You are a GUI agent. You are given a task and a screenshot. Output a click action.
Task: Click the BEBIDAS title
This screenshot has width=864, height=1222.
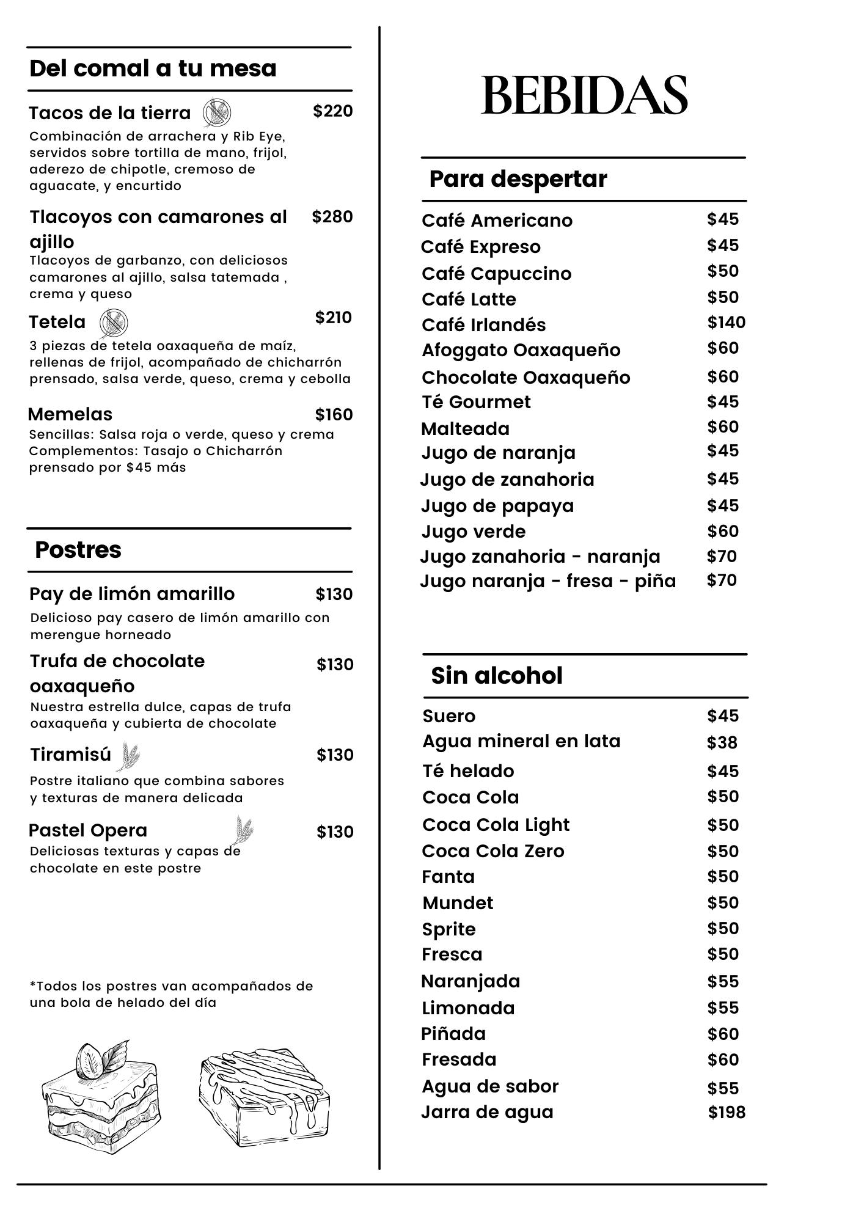coord(584,95)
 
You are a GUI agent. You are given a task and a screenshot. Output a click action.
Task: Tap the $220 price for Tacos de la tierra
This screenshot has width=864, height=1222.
coord(332,111)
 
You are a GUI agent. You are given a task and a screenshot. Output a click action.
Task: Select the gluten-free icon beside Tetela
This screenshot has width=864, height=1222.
coord(114,323)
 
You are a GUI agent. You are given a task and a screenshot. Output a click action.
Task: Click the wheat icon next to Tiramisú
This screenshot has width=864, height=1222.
coord(129,756)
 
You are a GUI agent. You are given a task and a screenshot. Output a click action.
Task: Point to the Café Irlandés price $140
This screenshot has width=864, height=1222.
coord(726,323)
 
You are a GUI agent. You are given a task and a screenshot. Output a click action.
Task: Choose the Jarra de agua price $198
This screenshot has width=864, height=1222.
coord(727,1112)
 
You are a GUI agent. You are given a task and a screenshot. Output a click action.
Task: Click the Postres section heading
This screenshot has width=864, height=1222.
coord(78,550)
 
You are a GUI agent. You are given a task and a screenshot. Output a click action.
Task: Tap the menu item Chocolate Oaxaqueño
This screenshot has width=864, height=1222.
coord(525,378)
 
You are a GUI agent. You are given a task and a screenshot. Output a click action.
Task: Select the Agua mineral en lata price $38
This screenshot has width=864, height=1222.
coord(722,743)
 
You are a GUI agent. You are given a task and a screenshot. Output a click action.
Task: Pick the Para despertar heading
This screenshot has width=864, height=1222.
coord(518,179)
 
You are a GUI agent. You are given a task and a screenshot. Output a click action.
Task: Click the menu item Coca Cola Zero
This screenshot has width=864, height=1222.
coord(492,851)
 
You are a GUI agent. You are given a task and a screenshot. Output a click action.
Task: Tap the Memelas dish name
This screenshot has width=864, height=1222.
coord(70,414)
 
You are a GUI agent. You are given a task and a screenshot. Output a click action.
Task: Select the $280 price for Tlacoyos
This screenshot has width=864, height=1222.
coord(332,217)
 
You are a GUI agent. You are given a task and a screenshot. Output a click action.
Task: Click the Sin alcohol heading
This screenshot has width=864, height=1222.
coord(496,676)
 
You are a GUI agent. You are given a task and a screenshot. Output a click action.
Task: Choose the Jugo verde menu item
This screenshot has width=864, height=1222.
coord(473,532)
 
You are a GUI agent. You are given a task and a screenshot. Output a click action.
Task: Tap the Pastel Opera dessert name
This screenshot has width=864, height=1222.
coord(88,831)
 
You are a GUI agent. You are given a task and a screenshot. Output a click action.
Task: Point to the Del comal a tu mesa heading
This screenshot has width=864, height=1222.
coord(153,68)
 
